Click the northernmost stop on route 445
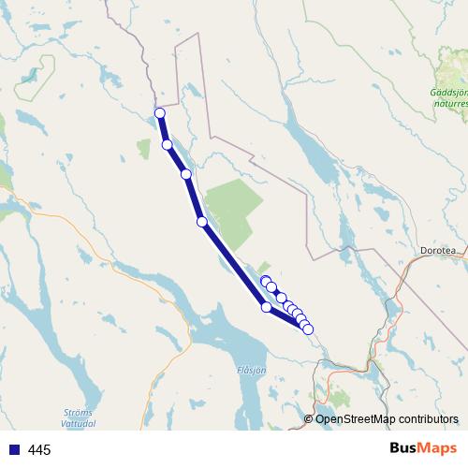pos(159,113)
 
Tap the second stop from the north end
pos(168,145)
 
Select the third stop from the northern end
pos(186,174)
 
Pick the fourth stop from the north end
pos(202,222)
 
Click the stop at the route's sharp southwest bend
pos(267,307)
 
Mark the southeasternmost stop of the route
pos(308,329)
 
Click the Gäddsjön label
pos(448,93)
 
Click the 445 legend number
pos(39,450)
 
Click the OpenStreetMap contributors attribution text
pos(388,419)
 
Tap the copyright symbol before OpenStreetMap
pos(309,419)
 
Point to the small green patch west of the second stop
pos(143,148)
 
